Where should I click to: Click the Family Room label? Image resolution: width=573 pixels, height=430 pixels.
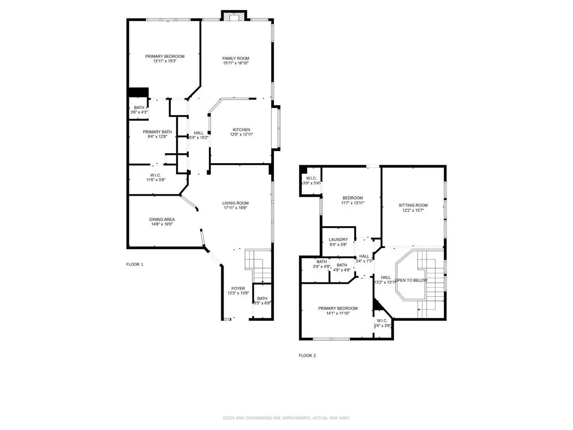click(x=236, y=59)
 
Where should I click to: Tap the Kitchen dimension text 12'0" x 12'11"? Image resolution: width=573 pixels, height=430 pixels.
click(x=241, y=135)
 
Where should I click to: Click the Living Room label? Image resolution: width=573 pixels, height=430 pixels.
click(x=235, y=203)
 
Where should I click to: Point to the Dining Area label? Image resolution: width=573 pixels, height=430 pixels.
click(x=162, y=219)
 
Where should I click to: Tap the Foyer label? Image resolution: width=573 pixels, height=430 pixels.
click(x=238, y=288)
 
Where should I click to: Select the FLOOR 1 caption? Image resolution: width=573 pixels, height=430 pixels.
click(x=134, y=264)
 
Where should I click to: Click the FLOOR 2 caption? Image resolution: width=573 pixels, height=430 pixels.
click(x=307, y=356)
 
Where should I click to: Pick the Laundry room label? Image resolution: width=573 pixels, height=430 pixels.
click(x=338, y=240)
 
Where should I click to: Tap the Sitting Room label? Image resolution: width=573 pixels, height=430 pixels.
click(x=413, y=205)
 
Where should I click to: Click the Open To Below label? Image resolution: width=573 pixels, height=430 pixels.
click(x=411, y=280)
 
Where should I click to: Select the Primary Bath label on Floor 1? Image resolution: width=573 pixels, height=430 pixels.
click(x=157, y=132)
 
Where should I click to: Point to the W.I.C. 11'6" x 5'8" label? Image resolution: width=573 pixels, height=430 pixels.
click(x=155, y=178)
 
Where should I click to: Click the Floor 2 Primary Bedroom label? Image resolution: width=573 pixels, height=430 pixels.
click(x=337, y=308)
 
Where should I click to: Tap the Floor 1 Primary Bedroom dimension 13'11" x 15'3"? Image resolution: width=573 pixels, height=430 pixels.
click(x=164, y=61)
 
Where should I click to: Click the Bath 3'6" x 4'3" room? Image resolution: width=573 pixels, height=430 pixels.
click(x=139, y=110)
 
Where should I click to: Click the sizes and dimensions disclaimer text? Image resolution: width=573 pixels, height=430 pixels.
click(x=286, y=418)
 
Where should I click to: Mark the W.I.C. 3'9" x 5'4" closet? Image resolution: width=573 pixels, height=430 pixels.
click(x=311, y=181)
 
